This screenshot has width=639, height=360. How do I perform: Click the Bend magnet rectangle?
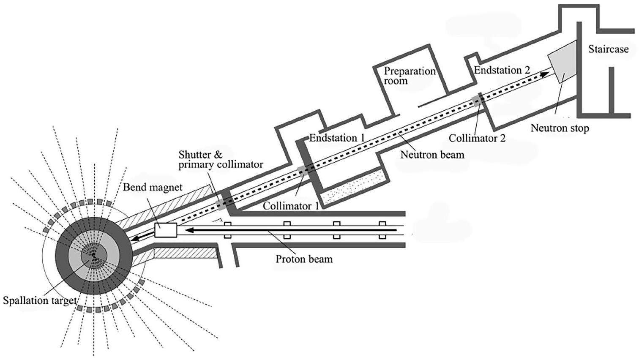[x=165, y=230]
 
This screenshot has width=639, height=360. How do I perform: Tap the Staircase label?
[x=608, y=49]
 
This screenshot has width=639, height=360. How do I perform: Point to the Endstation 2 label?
[x=502, y=70]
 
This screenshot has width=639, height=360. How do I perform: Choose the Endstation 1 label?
[x=337, y=138]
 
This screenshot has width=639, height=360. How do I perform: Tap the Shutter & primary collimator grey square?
[x=222, y=204]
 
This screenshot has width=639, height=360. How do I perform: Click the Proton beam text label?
[x=304, y=258]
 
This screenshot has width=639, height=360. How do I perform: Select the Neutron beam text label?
[x=432, y=154]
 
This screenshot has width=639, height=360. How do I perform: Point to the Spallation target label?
[x=39, y=301]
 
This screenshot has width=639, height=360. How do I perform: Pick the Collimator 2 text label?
[x=477, y=138]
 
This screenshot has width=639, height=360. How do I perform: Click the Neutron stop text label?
[x=559, y=128]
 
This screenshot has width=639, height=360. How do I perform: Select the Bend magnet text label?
[x=153, y=187]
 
